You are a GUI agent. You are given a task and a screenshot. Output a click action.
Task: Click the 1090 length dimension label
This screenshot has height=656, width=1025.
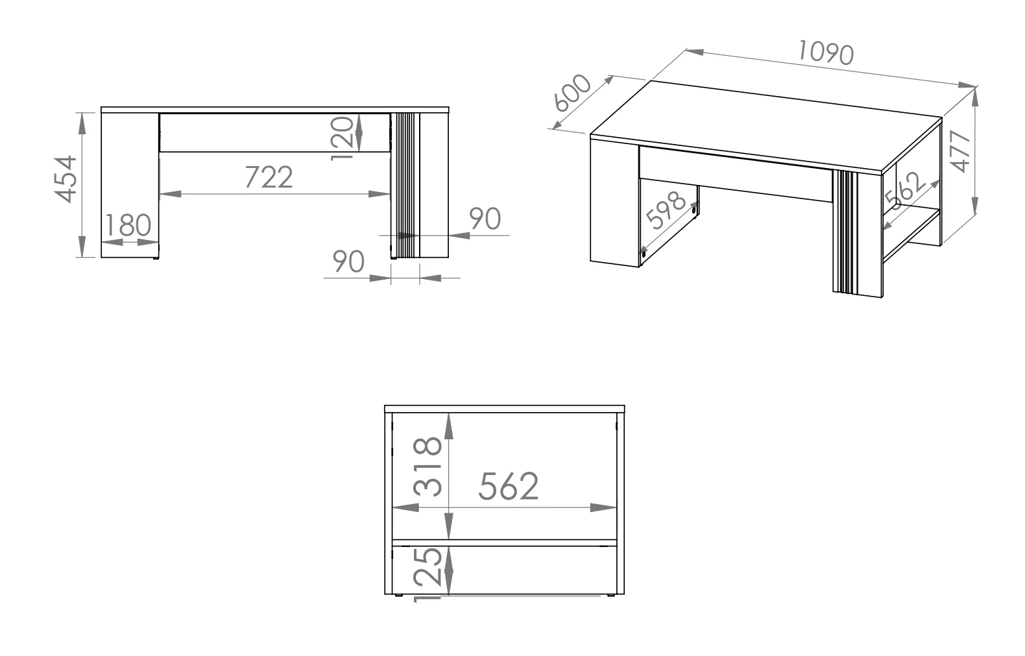[x=825, y=53]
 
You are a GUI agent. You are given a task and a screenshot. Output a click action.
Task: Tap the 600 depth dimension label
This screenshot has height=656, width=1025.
[x=572, y=93]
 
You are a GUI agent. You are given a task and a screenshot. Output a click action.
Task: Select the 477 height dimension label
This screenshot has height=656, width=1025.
[x=960, y=151]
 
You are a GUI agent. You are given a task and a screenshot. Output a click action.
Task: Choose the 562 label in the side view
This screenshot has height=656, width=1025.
[x=509, y=486]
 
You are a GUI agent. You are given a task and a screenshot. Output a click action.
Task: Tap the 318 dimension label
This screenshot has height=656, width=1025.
[x=428, y=467]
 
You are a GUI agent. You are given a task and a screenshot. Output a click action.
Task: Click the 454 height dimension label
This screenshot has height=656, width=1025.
[x=66, y=179]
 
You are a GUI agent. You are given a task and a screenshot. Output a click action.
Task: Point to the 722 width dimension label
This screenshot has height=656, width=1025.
[x=269, y=177]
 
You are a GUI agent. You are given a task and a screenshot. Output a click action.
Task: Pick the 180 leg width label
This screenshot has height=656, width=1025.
[x=128, y=225]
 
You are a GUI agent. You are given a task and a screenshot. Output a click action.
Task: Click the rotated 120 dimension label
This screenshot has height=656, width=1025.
[x=342, y=138]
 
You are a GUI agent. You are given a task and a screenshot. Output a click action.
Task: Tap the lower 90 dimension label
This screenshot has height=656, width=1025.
[x=348, y=261]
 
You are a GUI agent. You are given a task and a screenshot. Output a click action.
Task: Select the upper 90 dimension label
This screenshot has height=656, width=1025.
[x=485, y=219]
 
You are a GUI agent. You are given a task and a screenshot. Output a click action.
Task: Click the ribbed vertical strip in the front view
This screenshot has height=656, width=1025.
[x=405, y=185]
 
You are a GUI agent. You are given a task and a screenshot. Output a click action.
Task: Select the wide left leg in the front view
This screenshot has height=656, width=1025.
[x=130, y=186]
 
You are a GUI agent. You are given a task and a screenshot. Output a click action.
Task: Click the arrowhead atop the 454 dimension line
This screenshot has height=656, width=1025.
[x=82, y=123]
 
